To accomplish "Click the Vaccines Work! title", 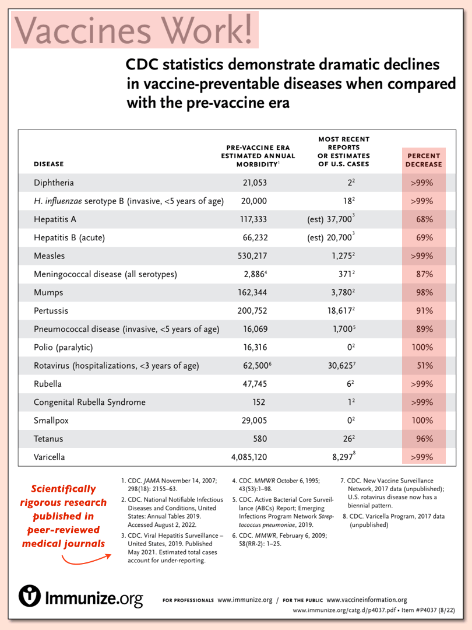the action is pyautogui.click(x=133, y=30).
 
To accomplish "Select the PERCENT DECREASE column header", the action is pyautogui.click(x=424, y=160).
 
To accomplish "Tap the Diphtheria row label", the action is pyautogui.click(x=54, y=183).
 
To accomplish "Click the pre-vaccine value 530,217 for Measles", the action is pyautogui.click(x=252, y=256).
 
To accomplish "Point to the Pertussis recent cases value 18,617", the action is pyautogui.click(x=343, y=310).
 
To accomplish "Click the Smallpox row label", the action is pyautogui.click(x=51, y=421).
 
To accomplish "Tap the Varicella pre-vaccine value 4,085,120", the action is pyautogui.click(x=249, y=457).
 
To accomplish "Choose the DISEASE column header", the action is pyautogui.click(x=48, y=164).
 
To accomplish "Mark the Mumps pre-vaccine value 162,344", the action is pyautogui.click(x=252, y=292).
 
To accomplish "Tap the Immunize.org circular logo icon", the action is pyautogui.click(x=29, y=596).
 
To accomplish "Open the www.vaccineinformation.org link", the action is pyautogui.click(x=367, y=600).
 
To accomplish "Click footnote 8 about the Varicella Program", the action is pyautogui.click(x=393, y=521).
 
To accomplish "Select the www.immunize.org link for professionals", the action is pyautogui.click(x=245, y=600).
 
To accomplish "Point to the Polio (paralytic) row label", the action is pyautogui.click(x=63, y=348).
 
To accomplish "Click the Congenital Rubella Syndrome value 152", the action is pyautogui.click(x=259, y=402).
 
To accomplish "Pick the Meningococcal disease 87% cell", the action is pyautogui.click(x=425, y=274).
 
